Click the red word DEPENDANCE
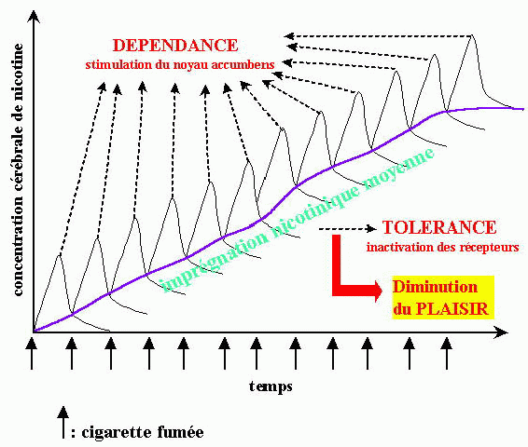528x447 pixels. [x=175, y=46]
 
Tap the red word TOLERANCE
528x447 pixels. [x=439, y=227]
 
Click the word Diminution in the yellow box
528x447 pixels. [x=435, y=287]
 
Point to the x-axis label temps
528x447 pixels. [x=271, y=386]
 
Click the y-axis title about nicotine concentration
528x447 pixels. [x=18, y=169]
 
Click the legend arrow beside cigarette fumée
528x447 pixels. [x=63, y=422]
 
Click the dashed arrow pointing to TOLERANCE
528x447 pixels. [x=348, y=229]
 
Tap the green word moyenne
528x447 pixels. [x=399, y=169]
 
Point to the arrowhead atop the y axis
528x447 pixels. [x=33, y=16]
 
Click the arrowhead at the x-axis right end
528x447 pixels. [x=501, y=332]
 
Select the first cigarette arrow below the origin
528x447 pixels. [x=32, y=354]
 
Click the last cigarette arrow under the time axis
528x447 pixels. [x=447, y=354]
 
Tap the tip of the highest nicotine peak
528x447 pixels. [x=472, y=35]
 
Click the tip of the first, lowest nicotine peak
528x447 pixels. [x=60, y=255]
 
